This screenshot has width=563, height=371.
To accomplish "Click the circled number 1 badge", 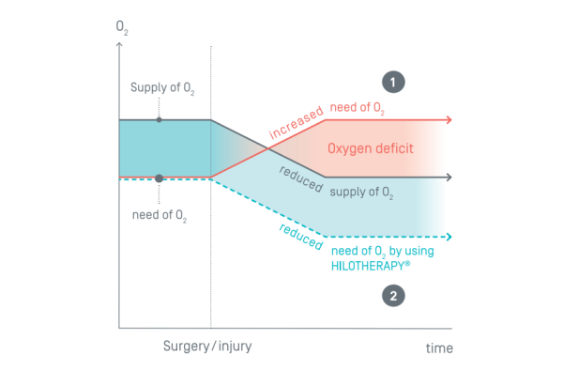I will pyautogui.click(x=395, y=81).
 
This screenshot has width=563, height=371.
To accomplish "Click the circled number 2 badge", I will pyautogui.click(x=395, y=297).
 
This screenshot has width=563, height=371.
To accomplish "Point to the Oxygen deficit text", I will pyautogui.click(x=370, y=148).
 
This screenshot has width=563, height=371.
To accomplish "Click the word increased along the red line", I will pyautogui.click(x=295, y=125).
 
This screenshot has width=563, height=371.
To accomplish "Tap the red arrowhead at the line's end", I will pyautogui.click(x=449, y=119).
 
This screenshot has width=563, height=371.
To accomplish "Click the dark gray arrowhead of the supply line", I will pyautogui.click(x=449, y=177).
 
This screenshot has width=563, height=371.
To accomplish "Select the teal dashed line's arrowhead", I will pyautogui.click(x=449, y=236).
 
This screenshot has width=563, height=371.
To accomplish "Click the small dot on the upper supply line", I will pyautogui.click(x=159, y=119).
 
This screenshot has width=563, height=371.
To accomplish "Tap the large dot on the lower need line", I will pyautogui.click(x=159, y=178).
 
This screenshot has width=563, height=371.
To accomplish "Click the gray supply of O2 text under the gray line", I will pyautogui.click(x=360, y=193).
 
